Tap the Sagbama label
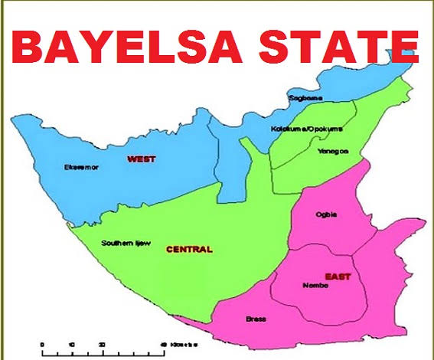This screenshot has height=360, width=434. (x=304, y=98)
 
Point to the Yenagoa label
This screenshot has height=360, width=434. (x=332, y=151)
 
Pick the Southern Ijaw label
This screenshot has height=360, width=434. (x=126, y=243)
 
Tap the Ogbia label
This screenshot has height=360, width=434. (x=326, y=214)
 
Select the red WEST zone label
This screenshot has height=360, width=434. (x=142, y=159)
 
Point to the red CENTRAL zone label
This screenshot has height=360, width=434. (x=189, y=249)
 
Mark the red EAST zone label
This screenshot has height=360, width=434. (x=336, y=276)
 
